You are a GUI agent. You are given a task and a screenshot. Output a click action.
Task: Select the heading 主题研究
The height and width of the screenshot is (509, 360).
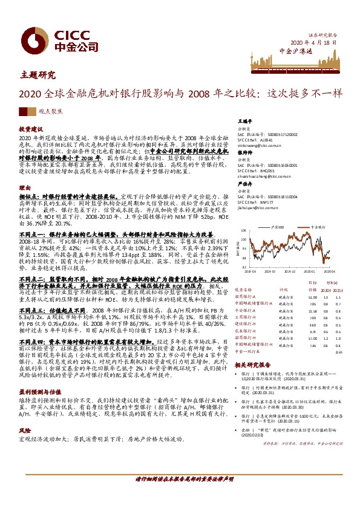coord(38,75)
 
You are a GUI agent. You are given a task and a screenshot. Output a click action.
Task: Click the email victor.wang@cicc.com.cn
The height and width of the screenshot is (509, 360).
coord(260,146)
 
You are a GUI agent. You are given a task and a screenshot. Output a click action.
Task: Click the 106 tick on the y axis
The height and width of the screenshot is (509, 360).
coord(243,231)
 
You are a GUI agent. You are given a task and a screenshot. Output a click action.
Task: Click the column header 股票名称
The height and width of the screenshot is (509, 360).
coord(243,290)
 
